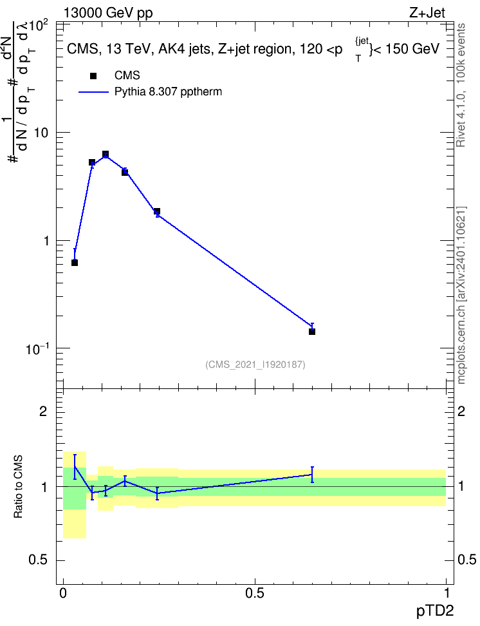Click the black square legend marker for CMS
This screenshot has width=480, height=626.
pyautogui.click(x=93, y=76)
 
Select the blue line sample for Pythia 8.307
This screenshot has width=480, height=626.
pyautogui.click(x=93, y=92)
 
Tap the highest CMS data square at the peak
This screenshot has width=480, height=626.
pyautogui.click(x=106, y=154)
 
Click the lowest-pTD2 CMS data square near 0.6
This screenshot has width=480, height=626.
pyautogui.click(x=75, y=263)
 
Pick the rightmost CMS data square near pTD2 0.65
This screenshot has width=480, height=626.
pyautogui.click(x=312, y=332)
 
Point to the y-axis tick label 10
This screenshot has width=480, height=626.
pyautogui.click(x=41, y=133)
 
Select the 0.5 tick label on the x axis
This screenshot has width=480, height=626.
pyautogui.click(x=255, y=593)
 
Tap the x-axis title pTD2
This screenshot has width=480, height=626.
pyautogui.click(x=435, y=611)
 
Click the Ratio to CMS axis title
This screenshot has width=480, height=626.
pyautogui.click(x=18, y=487)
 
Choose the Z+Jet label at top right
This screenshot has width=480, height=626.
pyautogui.click(x=427, y=13)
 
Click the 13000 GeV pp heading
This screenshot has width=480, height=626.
pyautogui.click(x=108, y=13)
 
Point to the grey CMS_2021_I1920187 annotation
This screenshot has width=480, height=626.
pyautogui.click(x=255, y=365)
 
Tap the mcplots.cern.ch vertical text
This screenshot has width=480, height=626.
pyautogui.click(x=461, y=296)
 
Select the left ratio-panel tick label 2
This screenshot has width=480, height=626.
pyautogui.click(x=43, y=411)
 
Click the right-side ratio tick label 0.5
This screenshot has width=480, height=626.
pyautogui.click(x=467, y=560)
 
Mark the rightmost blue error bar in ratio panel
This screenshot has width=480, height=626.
pyautogui.click(x=312, y=474)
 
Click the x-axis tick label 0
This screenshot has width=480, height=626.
pyautogui.click(x=63, y=593)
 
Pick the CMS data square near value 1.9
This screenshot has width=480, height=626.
pyautogui.click(x=157, y=211)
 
